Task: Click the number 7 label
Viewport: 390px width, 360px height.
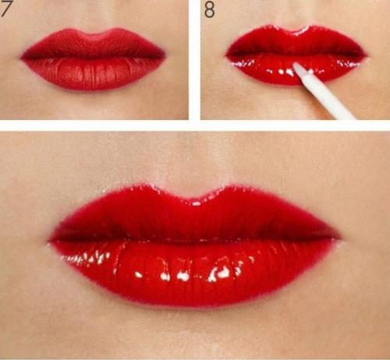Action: coord(5,9)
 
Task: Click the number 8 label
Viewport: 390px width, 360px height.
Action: coord(209,9)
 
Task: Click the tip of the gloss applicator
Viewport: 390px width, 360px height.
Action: coord(295,65)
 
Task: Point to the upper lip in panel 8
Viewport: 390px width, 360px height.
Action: coord(296,41)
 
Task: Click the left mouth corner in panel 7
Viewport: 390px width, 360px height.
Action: coord(21,58)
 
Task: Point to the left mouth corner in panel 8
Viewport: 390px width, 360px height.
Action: coord(226,55)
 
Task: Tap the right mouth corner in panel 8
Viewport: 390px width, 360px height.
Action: coord(366,56)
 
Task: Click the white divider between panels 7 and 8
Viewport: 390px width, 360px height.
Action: coord(194,60)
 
